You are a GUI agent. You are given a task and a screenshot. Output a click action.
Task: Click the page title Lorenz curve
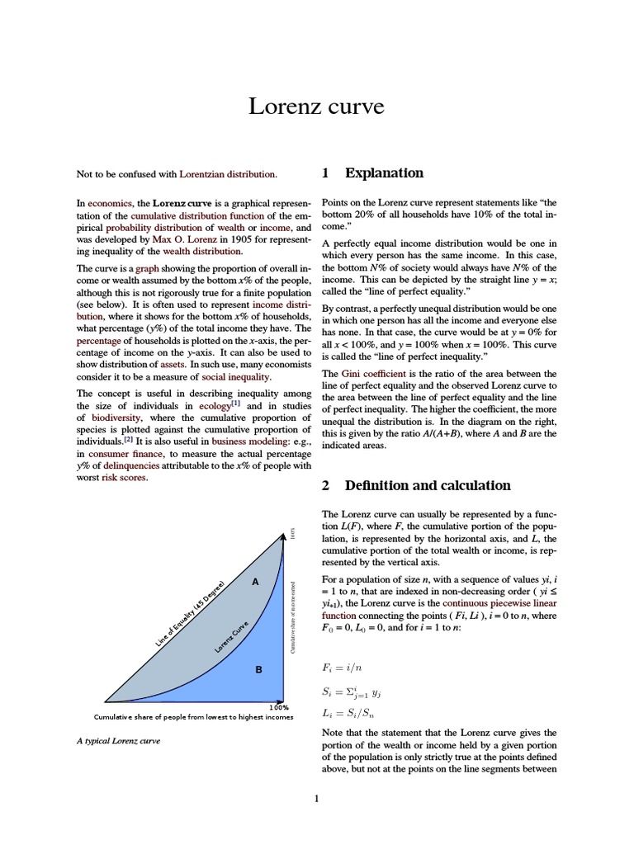(317, 106)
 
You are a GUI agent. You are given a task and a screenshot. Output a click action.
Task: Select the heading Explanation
(383, 173)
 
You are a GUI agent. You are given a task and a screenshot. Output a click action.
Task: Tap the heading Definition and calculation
(427, 486)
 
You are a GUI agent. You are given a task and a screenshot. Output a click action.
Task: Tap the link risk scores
(124, 478)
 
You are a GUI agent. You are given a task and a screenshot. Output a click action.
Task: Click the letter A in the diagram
(255, 583)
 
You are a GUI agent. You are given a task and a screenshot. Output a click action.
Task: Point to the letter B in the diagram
(258, 670)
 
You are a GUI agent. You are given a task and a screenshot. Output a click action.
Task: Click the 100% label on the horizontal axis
(279, 708)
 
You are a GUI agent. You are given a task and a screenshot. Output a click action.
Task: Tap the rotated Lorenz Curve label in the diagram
(232, 638)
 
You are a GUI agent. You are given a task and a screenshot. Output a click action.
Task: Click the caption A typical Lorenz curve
(118, 740)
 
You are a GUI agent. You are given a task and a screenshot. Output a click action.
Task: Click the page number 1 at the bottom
(316, 798)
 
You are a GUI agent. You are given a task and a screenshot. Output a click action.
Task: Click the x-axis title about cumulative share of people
(193, 717)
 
